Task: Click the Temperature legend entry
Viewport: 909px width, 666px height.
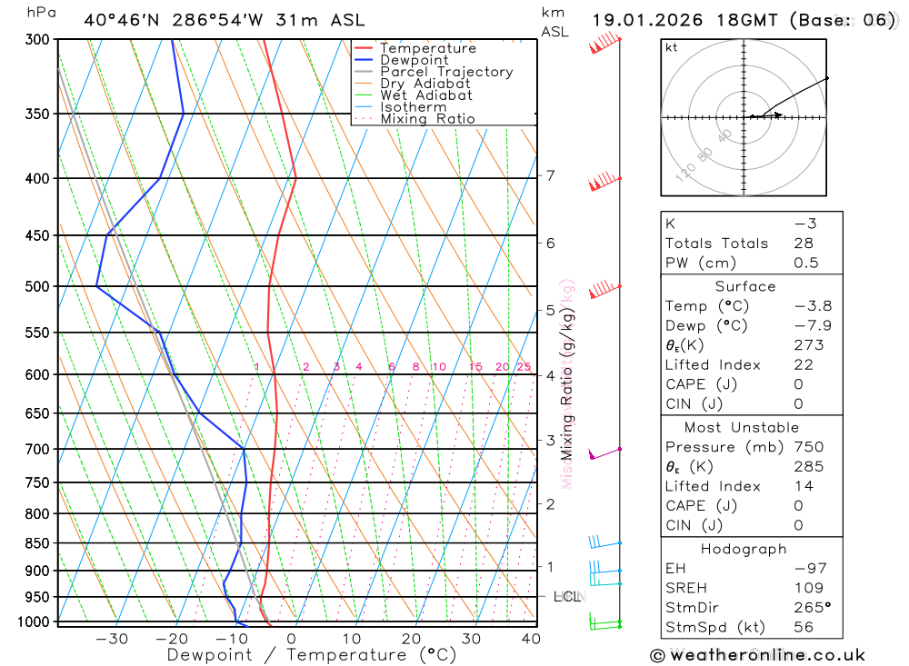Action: click(427, 48)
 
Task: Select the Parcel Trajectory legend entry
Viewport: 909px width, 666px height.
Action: click(446, 72)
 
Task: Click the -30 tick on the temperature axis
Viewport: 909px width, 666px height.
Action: click(112, 639)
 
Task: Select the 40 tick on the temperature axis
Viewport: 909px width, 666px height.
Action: click(530, 639)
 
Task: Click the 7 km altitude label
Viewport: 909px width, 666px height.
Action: click(551, 175)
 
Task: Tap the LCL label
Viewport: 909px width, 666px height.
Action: click(567, 597)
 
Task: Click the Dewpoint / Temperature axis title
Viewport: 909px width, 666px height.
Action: click(311, 654)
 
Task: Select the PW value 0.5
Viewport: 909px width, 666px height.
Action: click(806, 263)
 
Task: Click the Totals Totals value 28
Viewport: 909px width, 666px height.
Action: click(803, 244)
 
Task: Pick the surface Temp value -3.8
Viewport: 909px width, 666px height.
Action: click(813, 306)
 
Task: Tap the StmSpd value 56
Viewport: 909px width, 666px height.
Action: click(803, 627)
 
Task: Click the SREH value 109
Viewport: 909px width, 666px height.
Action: click(807, 588)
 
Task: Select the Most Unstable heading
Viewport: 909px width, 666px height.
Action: click(744, 427)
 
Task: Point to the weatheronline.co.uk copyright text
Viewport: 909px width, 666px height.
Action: click(757, 655)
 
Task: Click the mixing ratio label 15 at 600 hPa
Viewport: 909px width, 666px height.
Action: click(475, 367)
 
